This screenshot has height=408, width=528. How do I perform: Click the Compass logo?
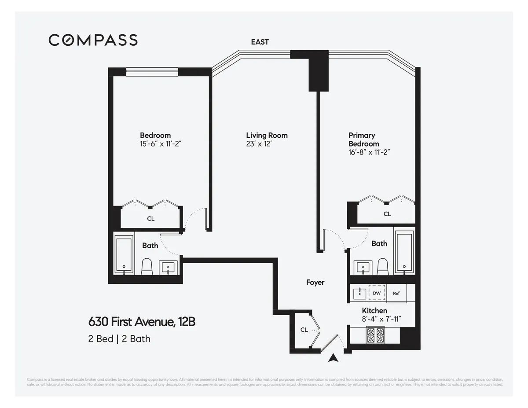pyautogui.click(x=93, y=40)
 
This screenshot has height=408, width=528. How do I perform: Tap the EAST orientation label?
pyautogui.click(x=260, y=42)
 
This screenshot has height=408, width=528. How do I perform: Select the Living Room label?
pyautogui.click(x=267, y=135)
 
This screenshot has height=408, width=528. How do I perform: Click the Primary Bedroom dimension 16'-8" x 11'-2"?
pyautogui.click(x=370, y=152)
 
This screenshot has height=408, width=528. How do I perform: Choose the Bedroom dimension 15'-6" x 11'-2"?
pyautogui.click(x=161, y=143)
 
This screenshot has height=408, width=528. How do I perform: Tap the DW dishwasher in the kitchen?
pyautogui.click(x=377, y=293)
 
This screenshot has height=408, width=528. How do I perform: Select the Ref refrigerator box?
pyautogui.click(x=396, y=294)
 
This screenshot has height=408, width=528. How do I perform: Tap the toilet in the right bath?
pyautogui.click(x=383, y=266)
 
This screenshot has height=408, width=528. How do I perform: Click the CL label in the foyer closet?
pyautogui.click(x=304, y=330)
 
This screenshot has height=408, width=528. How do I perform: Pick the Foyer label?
pyautogui.click(x=315, y=282)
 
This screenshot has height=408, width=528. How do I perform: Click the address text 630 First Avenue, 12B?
pyautogui.click(x=142, y=322)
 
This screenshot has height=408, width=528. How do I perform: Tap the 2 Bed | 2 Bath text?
pyautogui.click(x=119, y=339)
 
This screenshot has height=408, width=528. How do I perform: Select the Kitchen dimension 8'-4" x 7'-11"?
pyautogui.click(x=381, y=319)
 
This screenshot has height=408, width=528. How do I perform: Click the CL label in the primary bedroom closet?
pyautogui.click(x=387, y=214)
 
